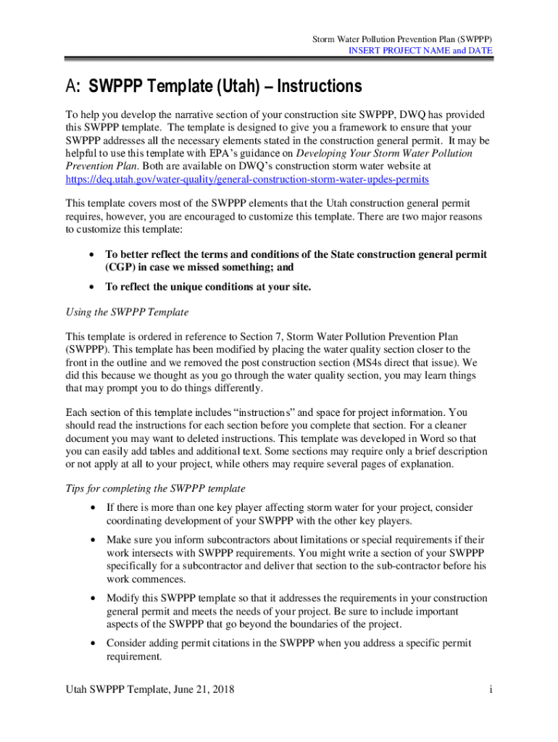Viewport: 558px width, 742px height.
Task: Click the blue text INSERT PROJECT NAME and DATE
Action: [x=420, y=51]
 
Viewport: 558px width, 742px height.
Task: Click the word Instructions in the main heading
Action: [x=317, y=87]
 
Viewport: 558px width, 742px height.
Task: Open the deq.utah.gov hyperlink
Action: [x=247, y=178]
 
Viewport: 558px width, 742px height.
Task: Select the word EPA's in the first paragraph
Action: [x=226, y=154]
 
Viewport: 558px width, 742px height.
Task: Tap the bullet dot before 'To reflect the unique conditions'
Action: [x=91, y=287]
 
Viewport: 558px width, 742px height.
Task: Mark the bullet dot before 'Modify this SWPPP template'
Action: [x=91, y=599]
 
